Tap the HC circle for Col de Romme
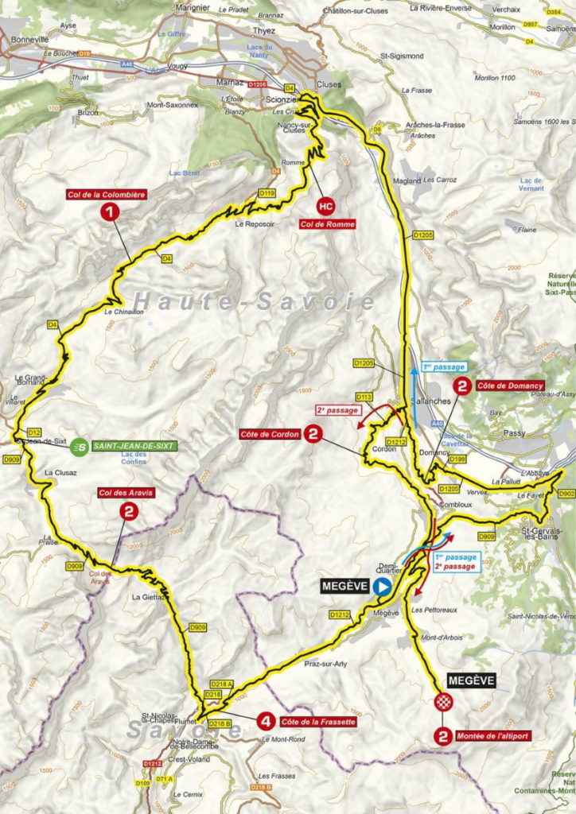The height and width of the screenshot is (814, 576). coord(325,206)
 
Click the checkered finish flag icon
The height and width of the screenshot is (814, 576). coord(443,701)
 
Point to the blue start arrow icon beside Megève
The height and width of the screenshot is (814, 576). coord(383,587)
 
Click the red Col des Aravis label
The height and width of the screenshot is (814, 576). coord(125,492)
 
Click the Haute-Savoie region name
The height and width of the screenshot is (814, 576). coord(254,300)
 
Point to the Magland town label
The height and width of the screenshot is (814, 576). coord(407,180)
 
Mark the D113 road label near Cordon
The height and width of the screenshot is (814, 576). coord(364,396)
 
